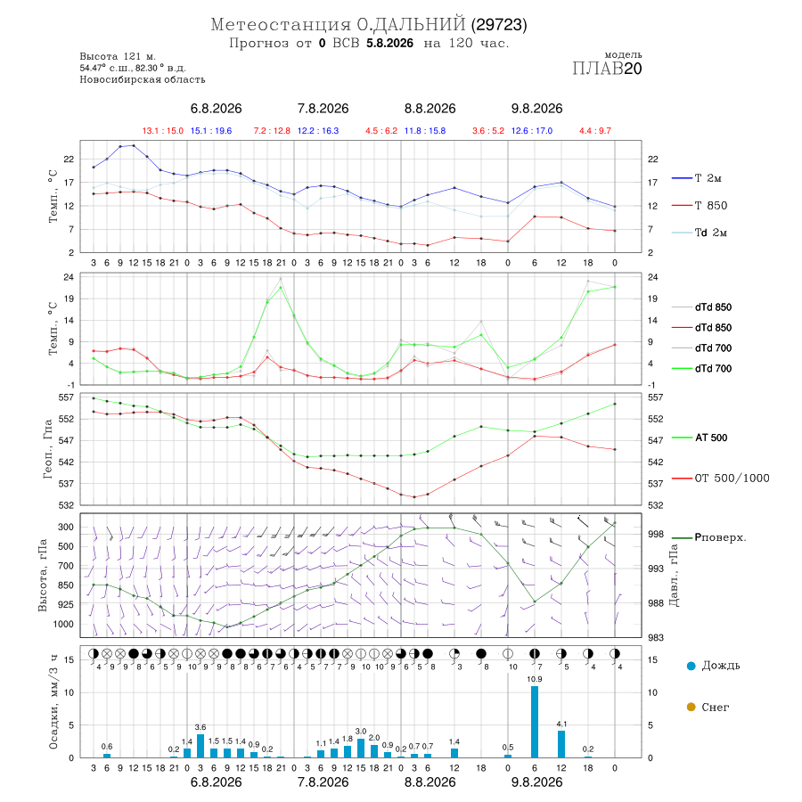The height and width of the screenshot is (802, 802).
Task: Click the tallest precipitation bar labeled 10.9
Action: [535, 722]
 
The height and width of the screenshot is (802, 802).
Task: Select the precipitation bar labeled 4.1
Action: [561, 744]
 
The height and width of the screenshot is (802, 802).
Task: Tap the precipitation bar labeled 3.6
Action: [200, 746]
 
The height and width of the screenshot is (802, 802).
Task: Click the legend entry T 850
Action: [700, 206]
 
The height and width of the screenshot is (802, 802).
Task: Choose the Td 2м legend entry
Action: [700, 233]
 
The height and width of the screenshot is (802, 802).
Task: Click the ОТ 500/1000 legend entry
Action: [720, 479]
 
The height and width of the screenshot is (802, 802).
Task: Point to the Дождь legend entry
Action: [714, 666]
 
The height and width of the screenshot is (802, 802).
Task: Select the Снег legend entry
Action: [708, 707]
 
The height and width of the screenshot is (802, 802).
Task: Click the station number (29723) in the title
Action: [499, 25]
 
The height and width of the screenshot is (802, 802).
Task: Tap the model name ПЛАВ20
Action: [607, 69]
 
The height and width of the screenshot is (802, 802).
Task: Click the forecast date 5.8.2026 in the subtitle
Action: [389, 43]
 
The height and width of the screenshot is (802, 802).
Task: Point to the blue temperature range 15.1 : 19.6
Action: [211, 131]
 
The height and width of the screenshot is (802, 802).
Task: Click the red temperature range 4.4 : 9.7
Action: [595, 131]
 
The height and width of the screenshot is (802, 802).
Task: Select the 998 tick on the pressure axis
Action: [656, 534]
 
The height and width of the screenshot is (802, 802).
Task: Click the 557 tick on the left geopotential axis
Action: [67, 397]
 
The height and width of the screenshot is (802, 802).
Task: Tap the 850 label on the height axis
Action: [65, 585]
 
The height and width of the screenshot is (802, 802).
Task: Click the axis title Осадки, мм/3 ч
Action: [53, 703]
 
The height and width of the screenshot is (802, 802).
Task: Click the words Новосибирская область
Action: [143, 80]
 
